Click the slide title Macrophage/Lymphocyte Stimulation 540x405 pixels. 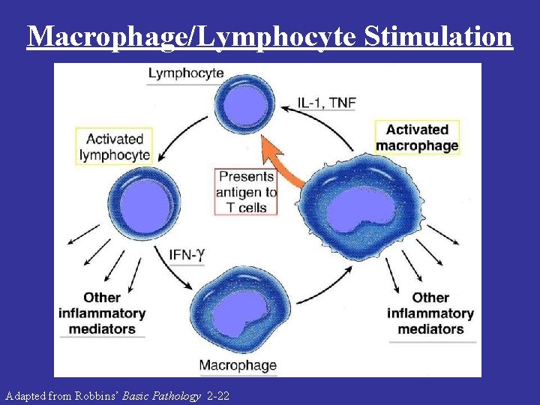point(270,35)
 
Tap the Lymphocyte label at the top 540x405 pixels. point(185,73)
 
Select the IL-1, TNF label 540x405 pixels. point(326,103)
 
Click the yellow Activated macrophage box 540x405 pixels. point(417,138)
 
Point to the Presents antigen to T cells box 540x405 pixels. point(246,192)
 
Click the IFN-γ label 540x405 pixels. point(187,254)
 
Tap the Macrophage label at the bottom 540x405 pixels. point(237,366)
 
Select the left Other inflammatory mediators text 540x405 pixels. point(102,313)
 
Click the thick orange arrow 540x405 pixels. point(283,163)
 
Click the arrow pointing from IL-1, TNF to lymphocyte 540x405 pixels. point(289,107)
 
